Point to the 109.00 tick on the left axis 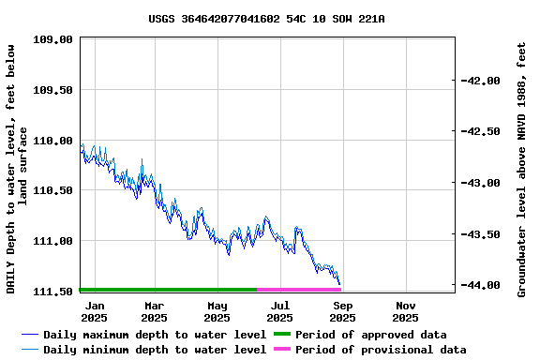pos(53,40)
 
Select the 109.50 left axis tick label pos(53,91)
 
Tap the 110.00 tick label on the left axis pos(53,141)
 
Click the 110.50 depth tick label pos(53,191)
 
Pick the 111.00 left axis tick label pos(53,241)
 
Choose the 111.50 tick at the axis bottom pos(53,292)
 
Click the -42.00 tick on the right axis pos(480,81)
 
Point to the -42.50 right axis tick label pos(480,132)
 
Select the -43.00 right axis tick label pos(480,183)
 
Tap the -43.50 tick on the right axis pos(480,234)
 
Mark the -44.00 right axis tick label pos(480,285)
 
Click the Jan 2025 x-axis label pos(95,311)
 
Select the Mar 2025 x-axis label pos(155,311)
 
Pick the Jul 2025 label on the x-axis pos(280,311)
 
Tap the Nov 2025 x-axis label pos(406,311)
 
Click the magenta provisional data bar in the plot pos(298,290)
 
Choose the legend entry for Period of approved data pos(370,335)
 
